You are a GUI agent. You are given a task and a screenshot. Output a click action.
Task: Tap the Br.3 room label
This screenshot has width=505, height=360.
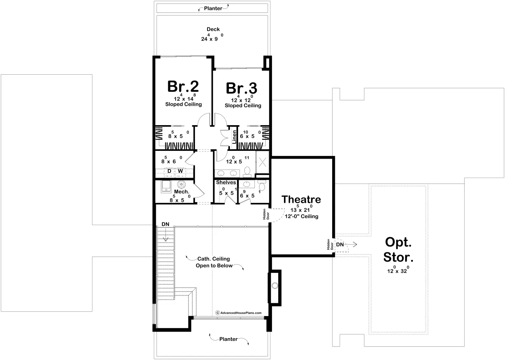[x=242, y=88]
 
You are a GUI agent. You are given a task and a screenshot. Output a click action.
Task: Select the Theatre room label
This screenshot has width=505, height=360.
[x=301, y=199]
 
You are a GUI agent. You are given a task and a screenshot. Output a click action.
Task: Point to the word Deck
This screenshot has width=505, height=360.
[x=213, y=29]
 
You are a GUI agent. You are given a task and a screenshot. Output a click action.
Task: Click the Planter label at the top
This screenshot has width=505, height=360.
[x=213, y=8]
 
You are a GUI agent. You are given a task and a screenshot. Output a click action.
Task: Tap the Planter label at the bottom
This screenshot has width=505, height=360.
[x=228, y=339]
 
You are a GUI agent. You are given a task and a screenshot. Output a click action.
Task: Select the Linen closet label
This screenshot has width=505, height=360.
[x=234, y=137]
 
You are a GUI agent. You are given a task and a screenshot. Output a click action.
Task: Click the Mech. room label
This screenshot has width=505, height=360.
[x=181, y=192]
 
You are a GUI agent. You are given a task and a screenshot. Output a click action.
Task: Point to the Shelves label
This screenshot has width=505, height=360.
[x=226, y=182]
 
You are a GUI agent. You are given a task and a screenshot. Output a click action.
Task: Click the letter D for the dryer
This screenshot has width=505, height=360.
[x=169, y=171]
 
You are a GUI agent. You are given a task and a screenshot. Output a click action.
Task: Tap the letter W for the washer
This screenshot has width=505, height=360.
[x=180, y=171]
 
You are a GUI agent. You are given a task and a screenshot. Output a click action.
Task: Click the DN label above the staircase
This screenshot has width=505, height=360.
[x=165, y=224]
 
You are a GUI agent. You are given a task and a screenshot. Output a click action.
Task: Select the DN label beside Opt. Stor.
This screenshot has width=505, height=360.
[x=340, y=244]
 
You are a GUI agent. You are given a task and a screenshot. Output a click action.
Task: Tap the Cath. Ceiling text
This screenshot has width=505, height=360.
[x=214, y=259]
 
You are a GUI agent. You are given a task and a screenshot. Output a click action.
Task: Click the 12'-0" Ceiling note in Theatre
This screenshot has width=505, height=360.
[x=301, y=216]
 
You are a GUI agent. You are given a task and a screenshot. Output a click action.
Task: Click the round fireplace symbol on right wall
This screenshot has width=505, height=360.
[x=275, y=286]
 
